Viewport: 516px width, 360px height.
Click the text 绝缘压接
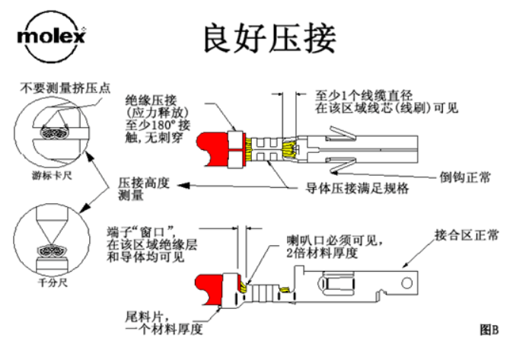[151, 100]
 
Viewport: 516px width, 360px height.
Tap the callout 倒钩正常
[465, 177]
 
